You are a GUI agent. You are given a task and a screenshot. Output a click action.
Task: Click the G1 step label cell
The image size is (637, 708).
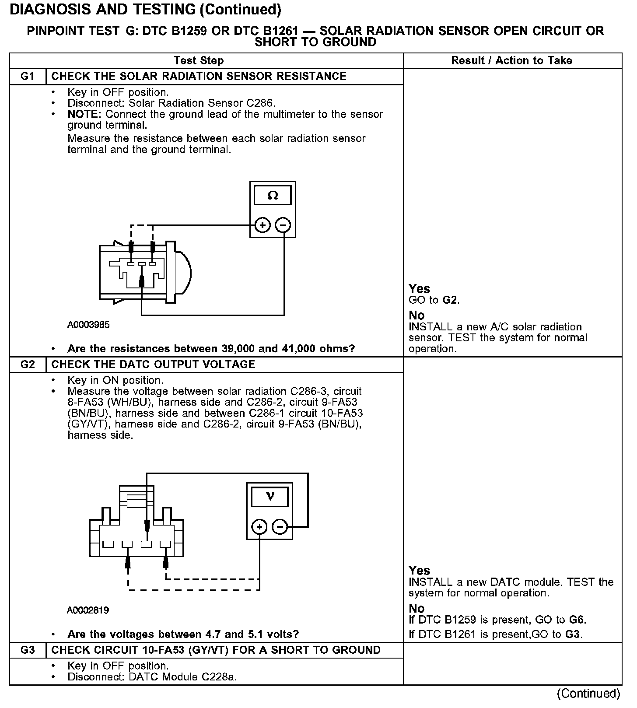(27, 77)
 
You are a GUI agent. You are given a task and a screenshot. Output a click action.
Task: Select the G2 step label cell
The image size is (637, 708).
(27, 365)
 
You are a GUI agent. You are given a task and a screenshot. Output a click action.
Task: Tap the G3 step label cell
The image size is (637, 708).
(27, 650)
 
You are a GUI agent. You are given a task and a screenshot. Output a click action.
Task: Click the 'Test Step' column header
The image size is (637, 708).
(199, 61)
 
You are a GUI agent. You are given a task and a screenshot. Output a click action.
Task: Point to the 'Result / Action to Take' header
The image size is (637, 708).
(511, 61)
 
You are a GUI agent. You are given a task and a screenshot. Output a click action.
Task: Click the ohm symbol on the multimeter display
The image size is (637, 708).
(273, 195)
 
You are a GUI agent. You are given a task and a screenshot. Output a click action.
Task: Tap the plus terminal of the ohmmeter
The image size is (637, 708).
(262, 225)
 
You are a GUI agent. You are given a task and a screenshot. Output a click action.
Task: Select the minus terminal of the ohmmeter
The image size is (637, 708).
(283, 225)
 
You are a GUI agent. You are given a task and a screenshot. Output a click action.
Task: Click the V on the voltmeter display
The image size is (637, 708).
(270, 497)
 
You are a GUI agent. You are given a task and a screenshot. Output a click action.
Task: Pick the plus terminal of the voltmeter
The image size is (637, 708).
(259, 527)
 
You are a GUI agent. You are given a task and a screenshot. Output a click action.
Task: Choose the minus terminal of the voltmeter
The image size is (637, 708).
(280, 527)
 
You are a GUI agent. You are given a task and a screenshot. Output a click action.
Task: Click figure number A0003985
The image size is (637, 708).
(88, 325)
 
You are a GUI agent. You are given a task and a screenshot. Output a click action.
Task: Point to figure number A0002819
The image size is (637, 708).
(88, 610)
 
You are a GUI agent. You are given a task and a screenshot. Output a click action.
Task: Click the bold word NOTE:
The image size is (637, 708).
(85, 115)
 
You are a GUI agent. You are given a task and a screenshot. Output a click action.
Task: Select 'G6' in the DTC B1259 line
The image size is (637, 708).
(576, 620)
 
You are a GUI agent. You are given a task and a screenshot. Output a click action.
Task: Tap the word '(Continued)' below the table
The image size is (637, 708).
(588, 694)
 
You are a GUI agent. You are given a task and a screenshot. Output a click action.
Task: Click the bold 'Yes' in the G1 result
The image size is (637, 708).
(419, 289)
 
